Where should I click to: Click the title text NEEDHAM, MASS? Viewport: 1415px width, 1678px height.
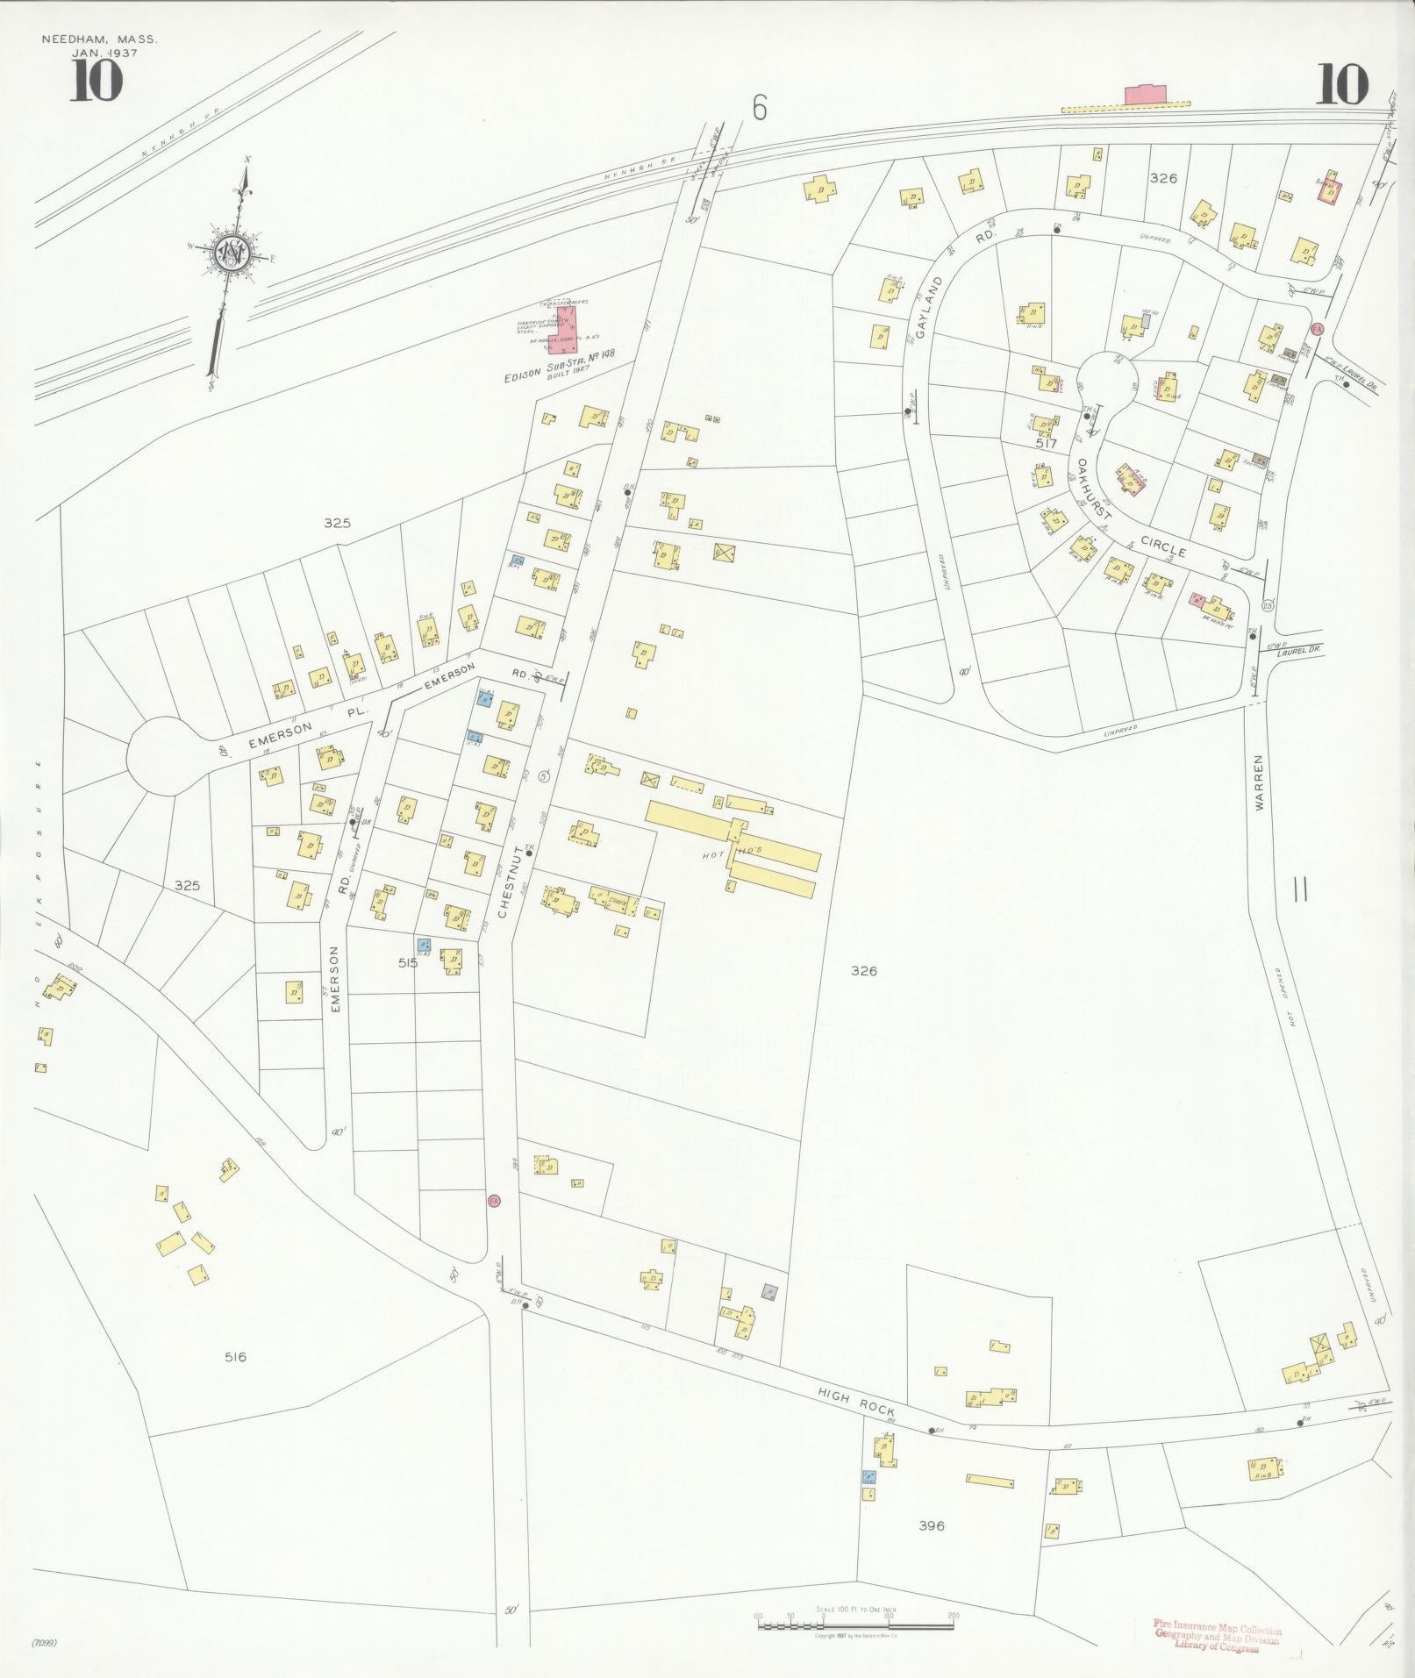tap(99, 39)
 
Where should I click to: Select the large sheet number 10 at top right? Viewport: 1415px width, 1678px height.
tap(1341, 84)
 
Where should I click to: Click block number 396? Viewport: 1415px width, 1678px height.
tap(931, 1525)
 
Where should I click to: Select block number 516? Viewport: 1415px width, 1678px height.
tap(235, 1356)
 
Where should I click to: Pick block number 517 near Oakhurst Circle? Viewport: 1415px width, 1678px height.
tap(1046, 444)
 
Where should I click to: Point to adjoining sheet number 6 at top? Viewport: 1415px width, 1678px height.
tap(759, 109)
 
